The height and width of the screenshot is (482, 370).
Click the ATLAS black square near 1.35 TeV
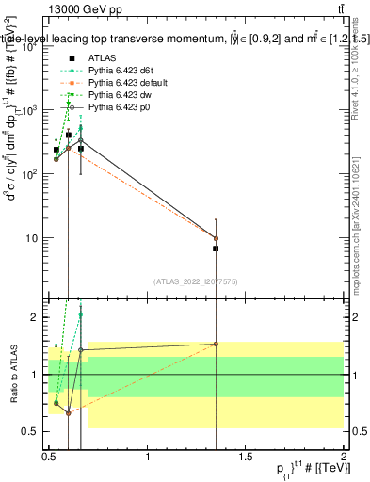[x=216, y=249]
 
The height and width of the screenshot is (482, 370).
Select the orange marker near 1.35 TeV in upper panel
[x=216, y=238]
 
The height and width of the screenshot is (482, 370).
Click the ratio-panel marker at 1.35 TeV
[x=216, y=344]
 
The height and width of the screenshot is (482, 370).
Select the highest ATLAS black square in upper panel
[x=69, y=135]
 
